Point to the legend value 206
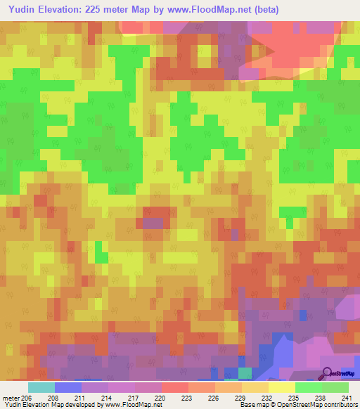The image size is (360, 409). (x=27, y=397)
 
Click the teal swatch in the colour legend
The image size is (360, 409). (x=41, y=387)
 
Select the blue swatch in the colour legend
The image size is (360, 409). (x=68, y=387)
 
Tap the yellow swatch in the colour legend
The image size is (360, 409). (x=282, y=387)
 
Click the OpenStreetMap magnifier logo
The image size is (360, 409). (x=328, y=373)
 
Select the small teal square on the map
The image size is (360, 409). (x=245, y=372)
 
